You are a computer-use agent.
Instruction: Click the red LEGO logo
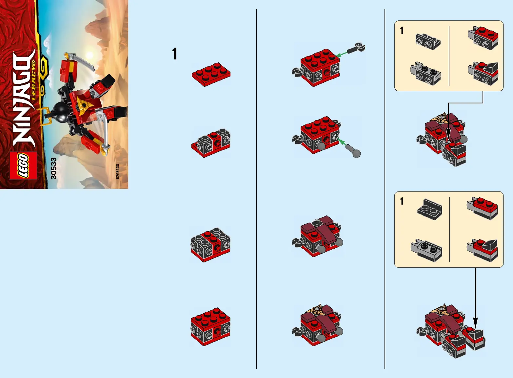(x=23, y=166)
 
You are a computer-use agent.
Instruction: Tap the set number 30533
(x=53, y=168)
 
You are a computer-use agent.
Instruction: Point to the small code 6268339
(x=117, y=171)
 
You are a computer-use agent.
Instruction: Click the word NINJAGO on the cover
(x=24, y=100)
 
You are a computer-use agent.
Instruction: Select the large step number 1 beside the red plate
(x=174, y=54)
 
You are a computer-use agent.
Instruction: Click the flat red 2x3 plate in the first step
(x=211, y=74)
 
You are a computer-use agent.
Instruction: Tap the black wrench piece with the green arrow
(x=356, y=48)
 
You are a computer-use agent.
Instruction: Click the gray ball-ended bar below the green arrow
(x=353, y=151)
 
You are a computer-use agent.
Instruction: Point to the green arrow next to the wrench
(x=342, y=54)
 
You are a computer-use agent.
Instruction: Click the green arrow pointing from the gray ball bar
(x=342, y=143)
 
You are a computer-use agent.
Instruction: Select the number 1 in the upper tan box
(x=402, y=31)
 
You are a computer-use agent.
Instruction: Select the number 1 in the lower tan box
(x=402, y=201)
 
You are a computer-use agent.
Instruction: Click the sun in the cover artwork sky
(x=89, y=55)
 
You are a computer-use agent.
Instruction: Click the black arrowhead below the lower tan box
(x=475, y=323)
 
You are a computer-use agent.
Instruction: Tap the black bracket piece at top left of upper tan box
(x=428, y=41)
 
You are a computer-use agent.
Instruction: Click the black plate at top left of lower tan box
(x=430, y=210)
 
